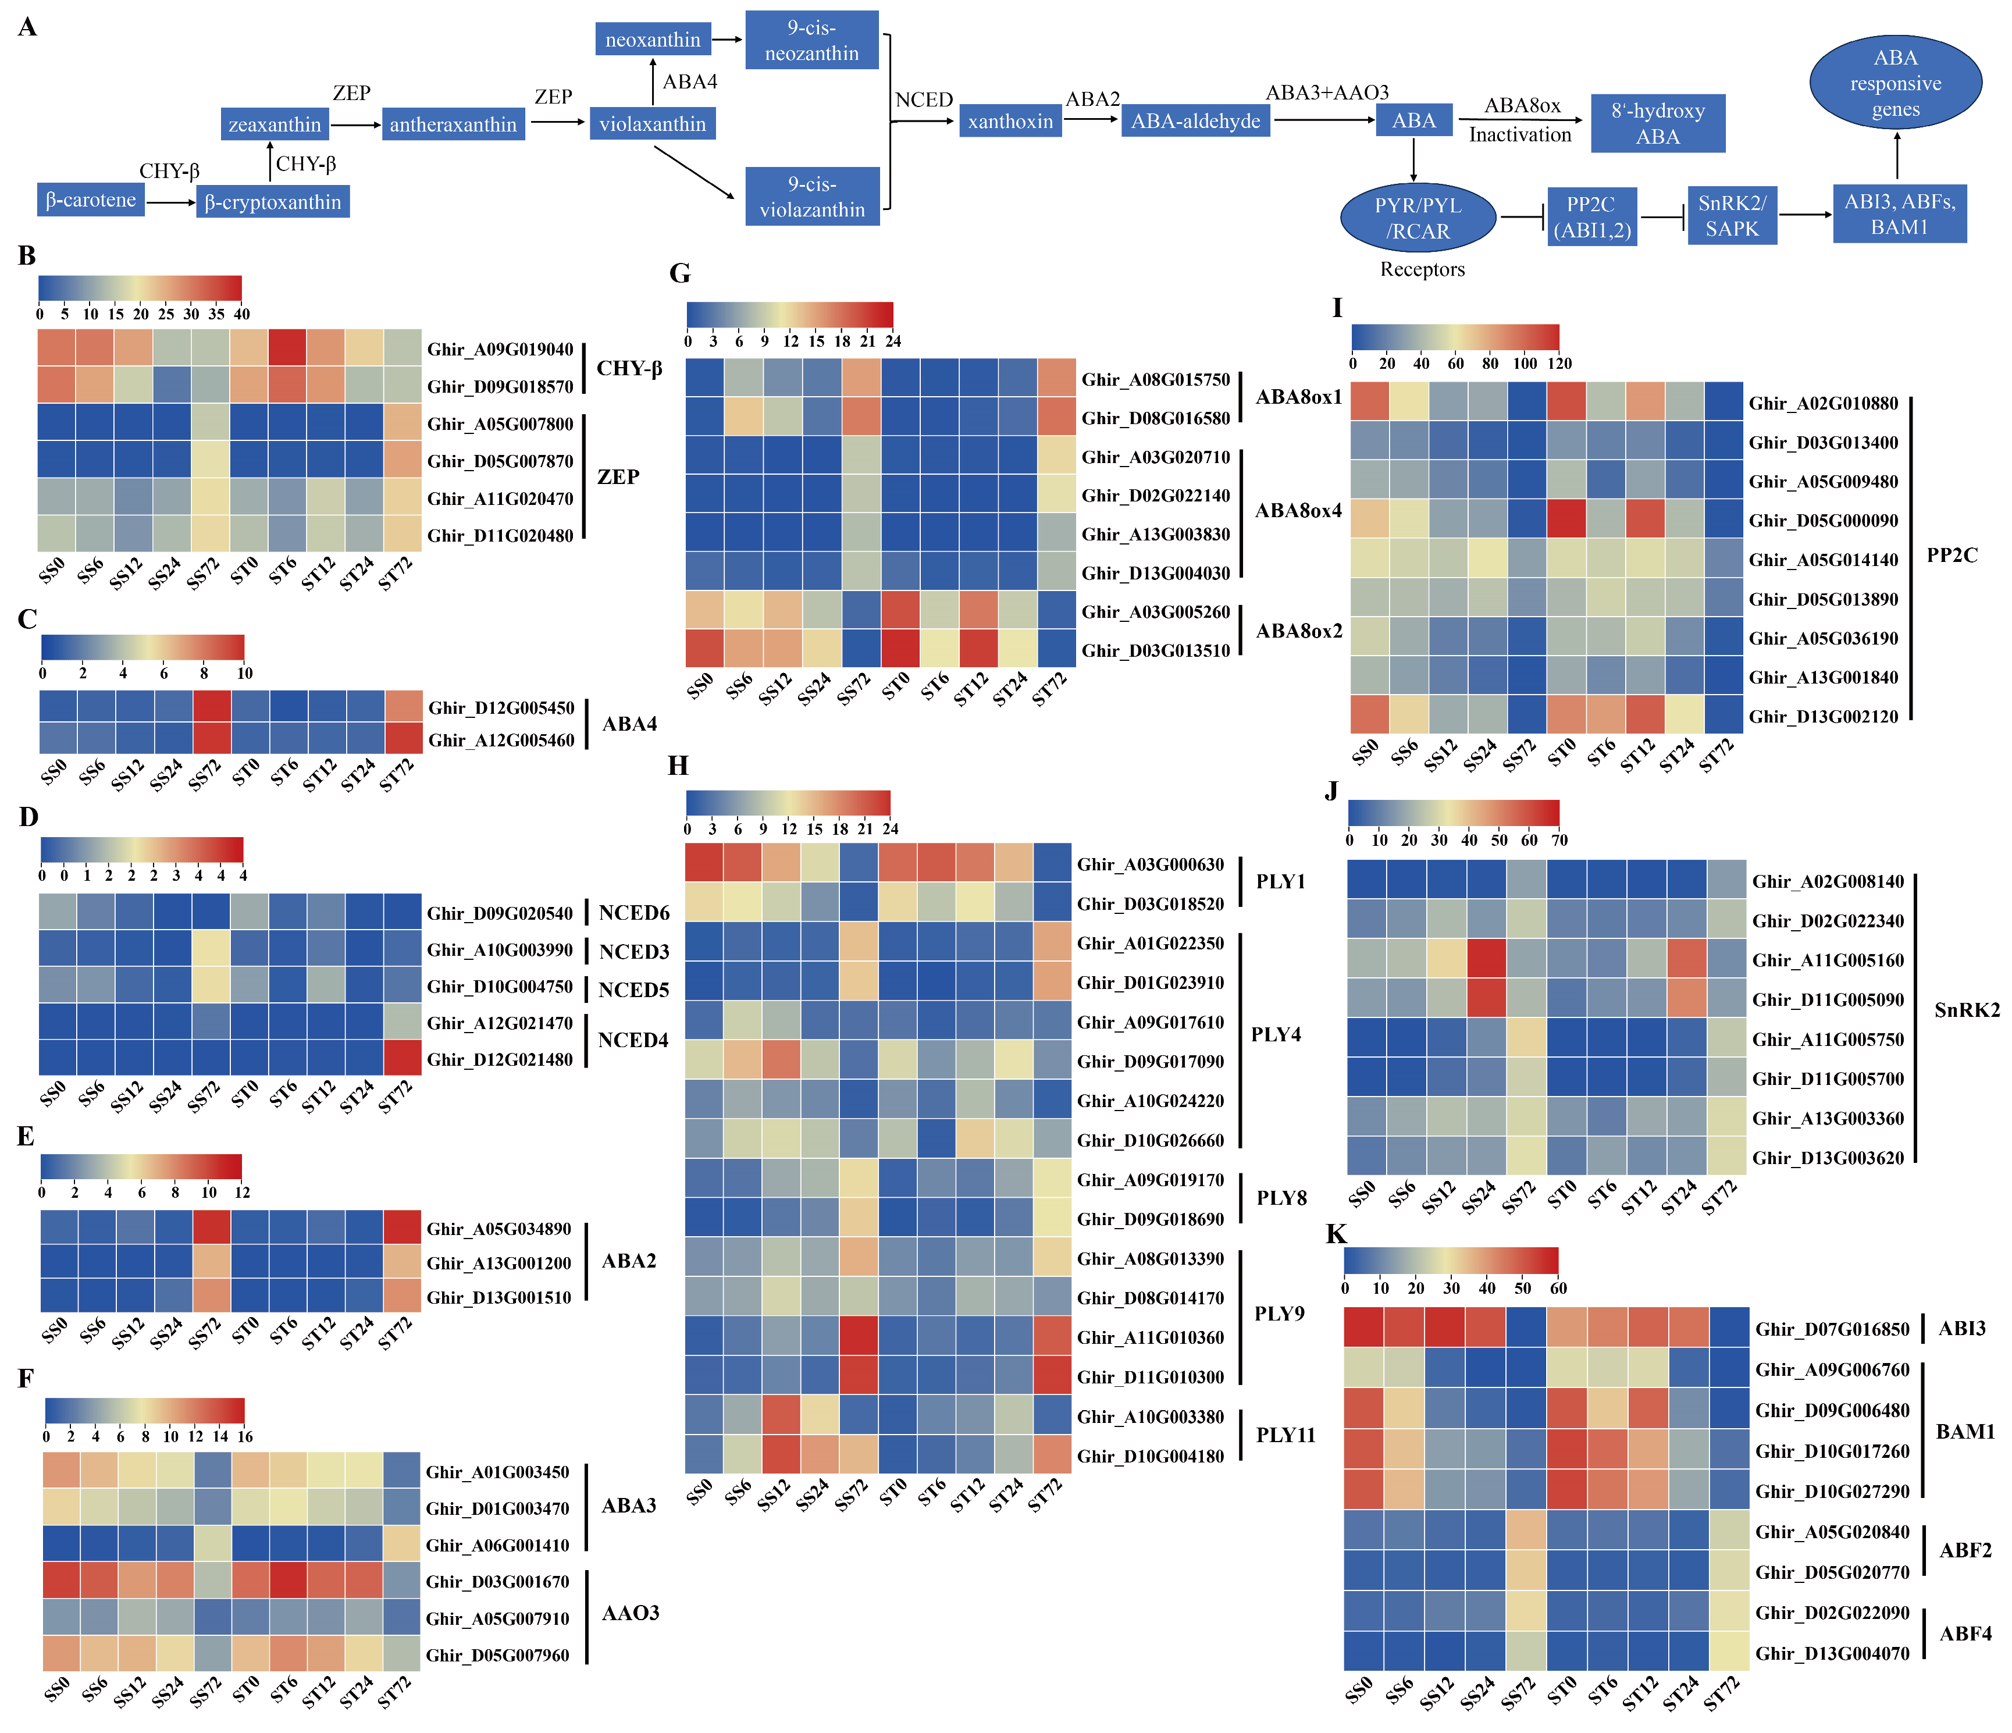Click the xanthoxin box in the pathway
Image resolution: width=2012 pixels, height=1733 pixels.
(x=1010, y=122)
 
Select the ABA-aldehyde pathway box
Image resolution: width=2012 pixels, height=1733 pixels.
(x=1195, y=122)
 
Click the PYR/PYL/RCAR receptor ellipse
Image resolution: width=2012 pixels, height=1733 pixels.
(x=1417, y=219)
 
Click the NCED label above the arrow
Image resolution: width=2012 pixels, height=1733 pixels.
(x=924, y=100)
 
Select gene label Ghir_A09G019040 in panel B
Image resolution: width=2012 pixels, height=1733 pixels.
(x=500, y=350)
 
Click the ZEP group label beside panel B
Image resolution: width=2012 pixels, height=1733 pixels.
(x=618, y=477)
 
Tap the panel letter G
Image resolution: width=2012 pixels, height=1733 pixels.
(x=680, y=274)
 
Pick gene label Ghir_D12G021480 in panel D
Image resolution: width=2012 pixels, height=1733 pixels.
(x=500, y=1060)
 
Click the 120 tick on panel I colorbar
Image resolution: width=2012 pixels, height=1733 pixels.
(x=1558, y=364)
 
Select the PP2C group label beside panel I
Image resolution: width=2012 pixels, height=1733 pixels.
(x=1951, y=556)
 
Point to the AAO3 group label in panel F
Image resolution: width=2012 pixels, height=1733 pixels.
(x=630, y=1614)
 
